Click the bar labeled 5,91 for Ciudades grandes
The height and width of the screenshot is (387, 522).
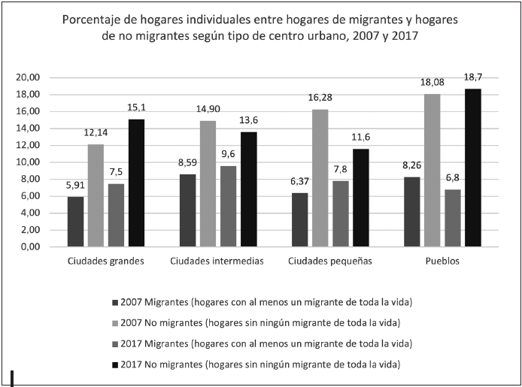click(x=75, y=222)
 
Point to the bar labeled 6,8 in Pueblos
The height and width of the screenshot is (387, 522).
click(x=451, y=218)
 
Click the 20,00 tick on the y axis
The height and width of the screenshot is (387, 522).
click(x=28, y=77)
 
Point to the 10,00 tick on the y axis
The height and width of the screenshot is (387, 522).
click(x=28, y=162)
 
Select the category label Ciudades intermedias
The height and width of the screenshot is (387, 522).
click(x=217, y=261)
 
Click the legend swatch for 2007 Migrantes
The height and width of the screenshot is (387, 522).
click(x=114, y=302)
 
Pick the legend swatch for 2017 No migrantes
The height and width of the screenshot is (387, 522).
click(x=114, y=364)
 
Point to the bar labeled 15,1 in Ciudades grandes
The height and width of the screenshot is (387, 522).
click(x=136, y=183)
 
